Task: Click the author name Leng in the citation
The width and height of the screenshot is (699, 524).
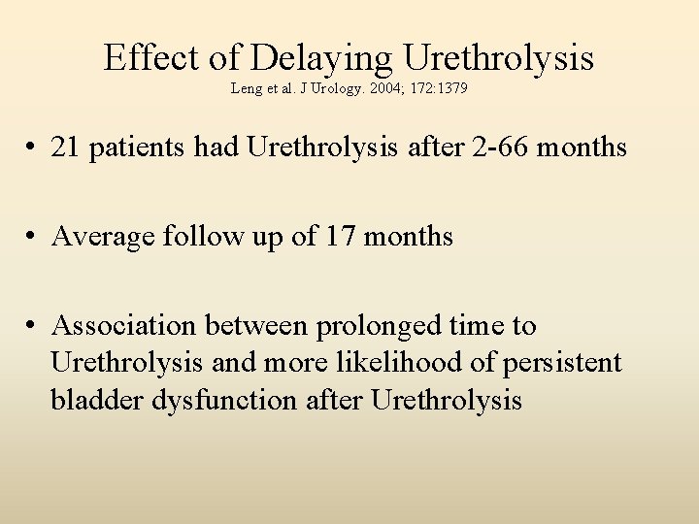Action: click(246, 89)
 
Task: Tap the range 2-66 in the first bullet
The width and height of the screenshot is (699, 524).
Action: click(503, 148)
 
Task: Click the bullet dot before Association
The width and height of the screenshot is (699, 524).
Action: click(33, 327)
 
